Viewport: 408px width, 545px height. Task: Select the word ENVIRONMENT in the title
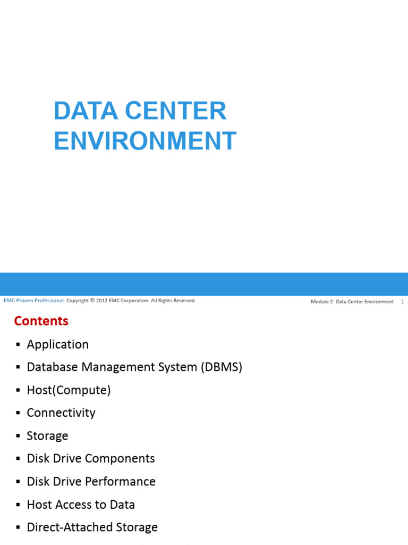coord(145,141)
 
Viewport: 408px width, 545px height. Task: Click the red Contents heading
coord(41,321)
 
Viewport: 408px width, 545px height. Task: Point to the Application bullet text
coord(58,344)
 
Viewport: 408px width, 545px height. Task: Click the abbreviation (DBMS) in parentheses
coord(222,367)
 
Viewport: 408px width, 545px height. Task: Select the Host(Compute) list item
coord(69,390)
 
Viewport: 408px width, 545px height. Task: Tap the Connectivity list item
coord(61,413)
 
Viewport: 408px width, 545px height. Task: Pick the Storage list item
coord(47,436)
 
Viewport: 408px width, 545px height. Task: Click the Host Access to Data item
coord(81,505)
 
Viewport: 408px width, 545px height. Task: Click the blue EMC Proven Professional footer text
coord(34,301)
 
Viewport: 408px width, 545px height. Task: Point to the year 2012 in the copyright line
coord(102,301)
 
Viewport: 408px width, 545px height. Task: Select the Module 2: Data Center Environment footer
coord(352,302)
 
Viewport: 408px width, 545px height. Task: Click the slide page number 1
coord(403,302)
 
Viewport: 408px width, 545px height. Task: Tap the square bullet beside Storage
coord(18,436)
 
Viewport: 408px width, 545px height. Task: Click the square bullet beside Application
coord(18,345)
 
